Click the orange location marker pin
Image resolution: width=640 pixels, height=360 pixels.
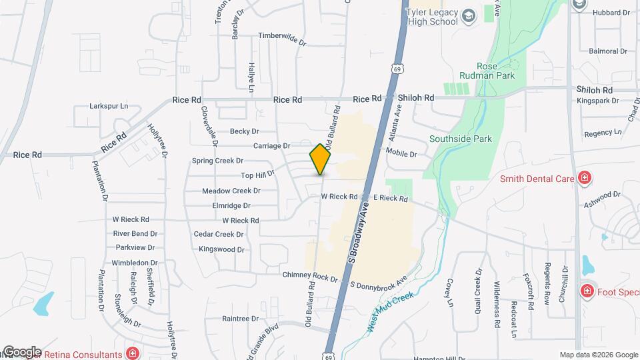320,159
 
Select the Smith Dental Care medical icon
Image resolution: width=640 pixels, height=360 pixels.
585,177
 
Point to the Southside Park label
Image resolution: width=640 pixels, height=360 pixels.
460,139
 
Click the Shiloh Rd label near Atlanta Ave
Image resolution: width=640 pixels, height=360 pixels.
416,97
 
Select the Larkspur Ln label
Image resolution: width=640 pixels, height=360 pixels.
109,106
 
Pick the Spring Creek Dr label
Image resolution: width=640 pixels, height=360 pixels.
218,161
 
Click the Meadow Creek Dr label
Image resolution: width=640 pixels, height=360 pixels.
231,191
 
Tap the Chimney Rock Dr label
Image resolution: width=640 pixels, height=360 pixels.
310,276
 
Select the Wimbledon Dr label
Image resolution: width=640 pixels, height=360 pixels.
135,263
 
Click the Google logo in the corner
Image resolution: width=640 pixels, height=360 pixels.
21,352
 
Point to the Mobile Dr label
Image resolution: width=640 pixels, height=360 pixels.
401,154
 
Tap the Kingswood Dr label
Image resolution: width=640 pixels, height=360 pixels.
221,249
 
